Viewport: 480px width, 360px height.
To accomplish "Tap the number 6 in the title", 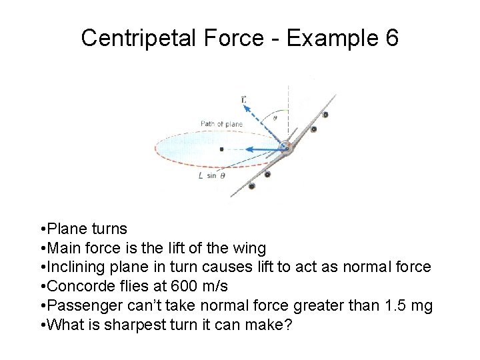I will point(391,38).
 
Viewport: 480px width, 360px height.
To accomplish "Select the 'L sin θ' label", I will point(212,175).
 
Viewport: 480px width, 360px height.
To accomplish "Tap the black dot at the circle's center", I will point(221,149).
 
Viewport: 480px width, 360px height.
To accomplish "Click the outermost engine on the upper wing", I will point(325,115).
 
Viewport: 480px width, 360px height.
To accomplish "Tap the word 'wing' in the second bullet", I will point(251,248).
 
